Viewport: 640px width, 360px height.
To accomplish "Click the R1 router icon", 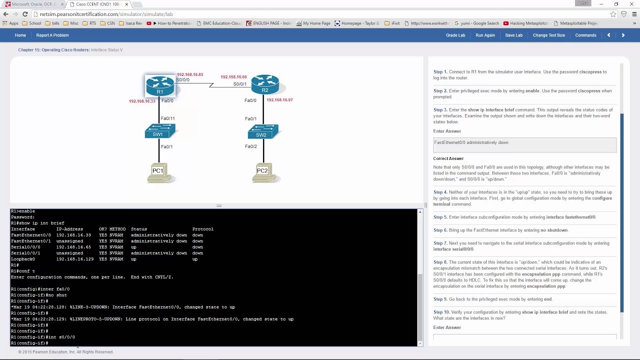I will (x=160, y=85).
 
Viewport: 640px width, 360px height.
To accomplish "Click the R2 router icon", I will (x=265, y=84).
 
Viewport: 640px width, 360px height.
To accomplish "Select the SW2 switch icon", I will (x=262, y=132).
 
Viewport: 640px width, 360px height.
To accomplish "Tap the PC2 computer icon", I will (x=263, y=173).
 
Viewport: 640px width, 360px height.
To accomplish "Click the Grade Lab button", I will (x=455, y=35).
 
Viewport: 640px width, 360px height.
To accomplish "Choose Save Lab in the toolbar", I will (x=513, y=35).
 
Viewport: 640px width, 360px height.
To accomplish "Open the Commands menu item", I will (x=585, y=35).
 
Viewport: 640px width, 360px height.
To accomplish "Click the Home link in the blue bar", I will (x=20, y=35).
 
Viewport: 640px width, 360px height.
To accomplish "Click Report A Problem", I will (x=52, y=35).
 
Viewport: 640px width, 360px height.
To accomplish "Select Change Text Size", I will (x=548, y=35).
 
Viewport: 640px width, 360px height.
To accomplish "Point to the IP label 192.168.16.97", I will (x=279, y=100).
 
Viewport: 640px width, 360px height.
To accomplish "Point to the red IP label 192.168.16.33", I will (x=142, y=101).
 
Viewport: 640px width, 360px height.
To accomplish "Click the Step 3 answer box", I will (x=524, y=145).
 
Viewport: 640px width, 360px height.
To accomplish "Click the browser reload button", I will (x=25, y=14).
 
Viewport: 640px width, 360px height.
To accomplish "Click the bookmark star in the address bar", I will (x=613, y=14).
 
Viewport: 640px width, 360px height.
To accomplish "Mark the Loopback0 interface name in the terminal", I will (x=23, y=259).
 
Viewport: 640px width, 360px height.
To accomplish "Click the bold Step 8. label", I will (x=440, y=262).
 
